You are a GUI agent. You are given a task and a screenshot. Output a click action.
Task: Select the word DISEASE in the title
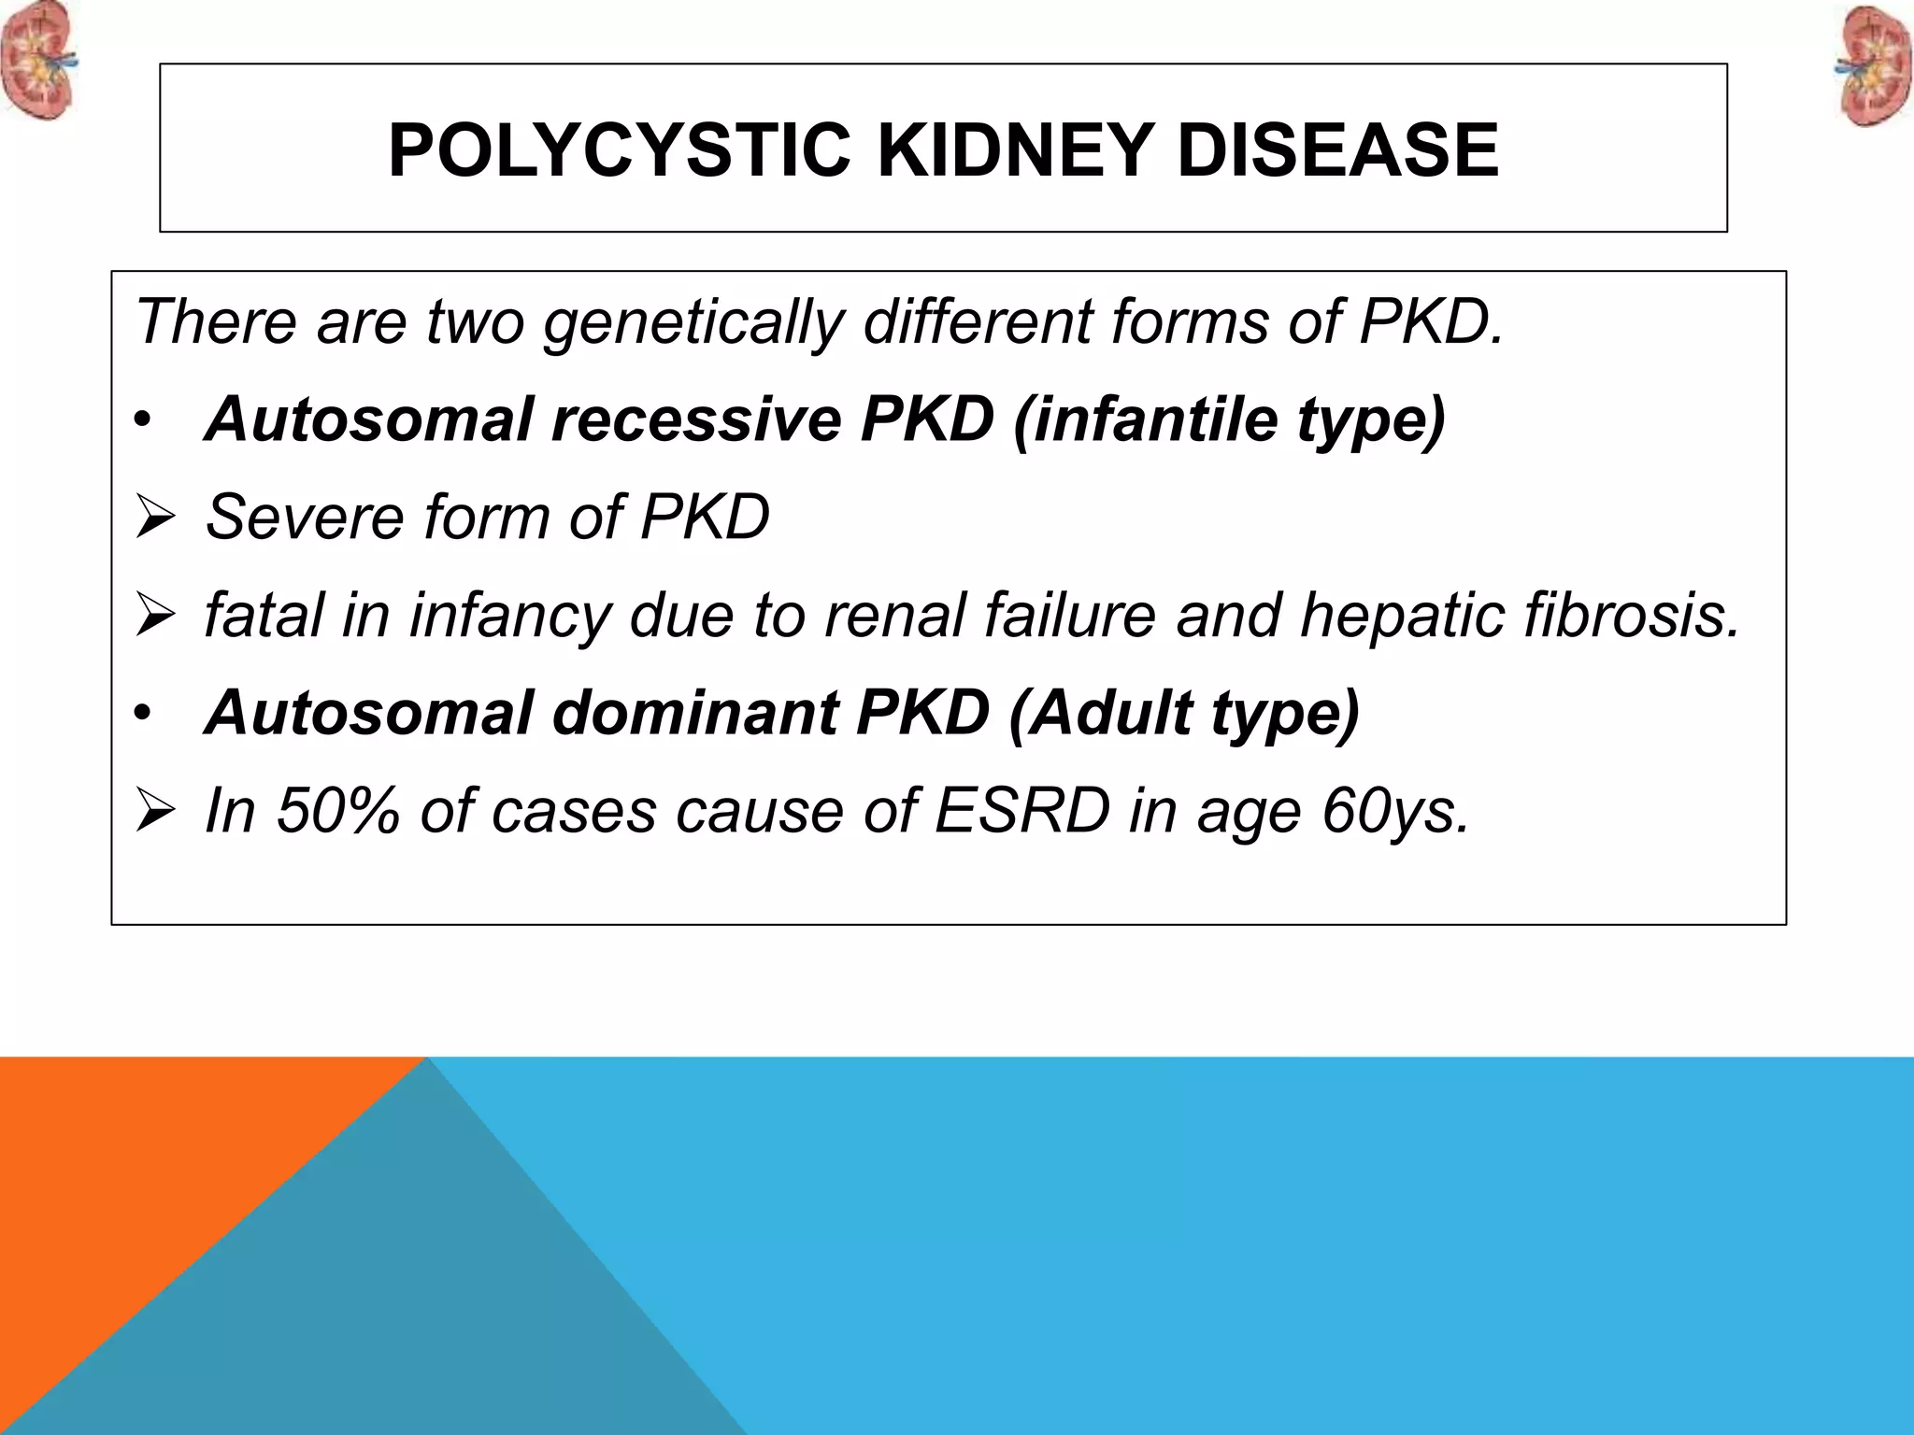click(1337, 150)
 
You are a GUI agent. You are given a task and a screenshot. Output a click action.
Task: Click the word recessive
click(697, 419)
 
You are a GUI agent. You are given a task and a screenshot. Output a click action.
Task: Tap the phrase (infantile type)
click(1228, 419)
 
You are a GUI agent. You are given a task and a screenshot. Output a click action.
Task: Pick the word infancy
click(509, 616)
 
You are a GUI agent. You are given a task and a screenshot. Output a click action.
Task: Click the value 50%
click(338, 810)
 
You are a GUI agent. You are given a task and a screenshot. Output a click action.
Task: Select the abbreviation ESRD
click(1021, 810)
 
